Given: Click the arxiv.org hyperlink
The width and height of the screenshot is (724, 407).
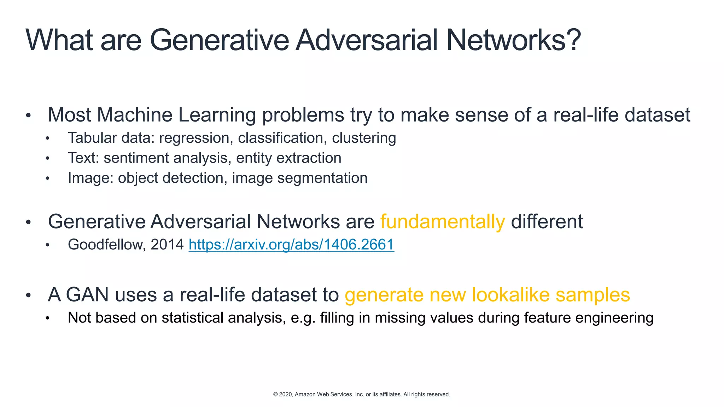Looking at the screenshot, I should click(x=291, y=244).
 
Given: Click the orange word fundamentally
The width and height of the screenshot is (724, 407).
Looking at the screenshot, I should click(x=443, y=222).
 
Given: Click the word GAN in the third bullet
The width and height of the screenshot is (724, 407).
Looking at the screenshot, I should click(x=87, y=295).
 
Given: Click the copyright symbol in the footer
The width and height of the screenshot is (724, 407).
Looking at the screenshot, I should click(x=275, y=394).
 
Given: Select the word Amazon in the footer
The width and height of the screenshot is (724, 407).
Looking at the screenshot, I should click(x=305, y=394).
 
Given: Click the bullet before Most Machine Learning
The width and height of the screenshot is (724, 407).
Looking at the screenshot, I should click(x=28, y=116).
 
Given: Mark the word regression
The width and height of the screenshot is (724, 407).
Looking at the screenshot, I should click(x=194, y=138).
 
